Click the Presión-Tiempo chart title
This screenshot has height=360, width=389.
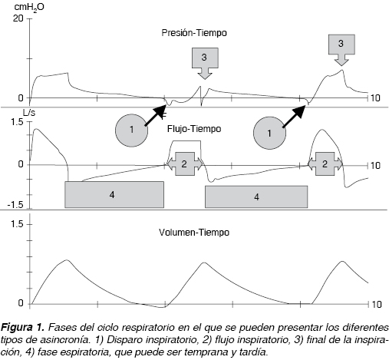(x=194, y=33)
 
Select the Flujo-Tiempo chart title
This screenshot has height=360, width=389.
(x=194, y=129)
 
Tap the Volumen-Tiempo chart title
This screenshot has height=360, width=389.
(x=194, y=233)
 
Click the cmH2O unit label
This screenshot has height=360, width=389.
(x=29, y=7)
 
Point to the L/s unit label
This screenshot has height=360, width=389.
(x=29, y=113)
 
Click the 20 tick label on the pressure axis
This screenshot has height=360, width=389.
(x=18, y=18)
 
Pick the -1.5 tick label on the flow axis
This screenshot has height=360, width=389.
(x=15, y=205)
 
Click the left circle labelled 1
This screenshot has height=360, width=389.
(x=131, y=130)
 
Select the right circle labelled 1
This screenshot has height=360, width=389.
(x=269, y=133)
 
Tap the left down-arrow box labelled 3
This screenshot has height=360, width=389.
(x=205, y=63)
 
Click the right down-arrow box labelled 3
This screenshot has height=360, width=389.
(x=341, y=50)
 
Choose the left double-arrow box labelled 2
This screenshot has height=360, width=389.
(x=185, y=163)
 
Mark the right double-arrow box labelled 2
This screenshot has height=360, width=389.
(x=325, y=163)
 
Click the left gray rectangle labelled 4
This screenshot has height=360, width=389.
(x=114, y=195)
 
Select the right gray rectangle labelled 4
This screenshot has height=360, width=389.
(x=256, y=197)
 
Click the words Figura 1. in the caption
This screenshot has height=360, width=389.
(x=23, y=327)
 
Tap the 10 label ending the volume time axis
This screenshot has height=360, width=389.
(x=376, y=305)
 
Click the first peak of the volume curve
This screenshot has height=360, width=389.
(x=67, y=260)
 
